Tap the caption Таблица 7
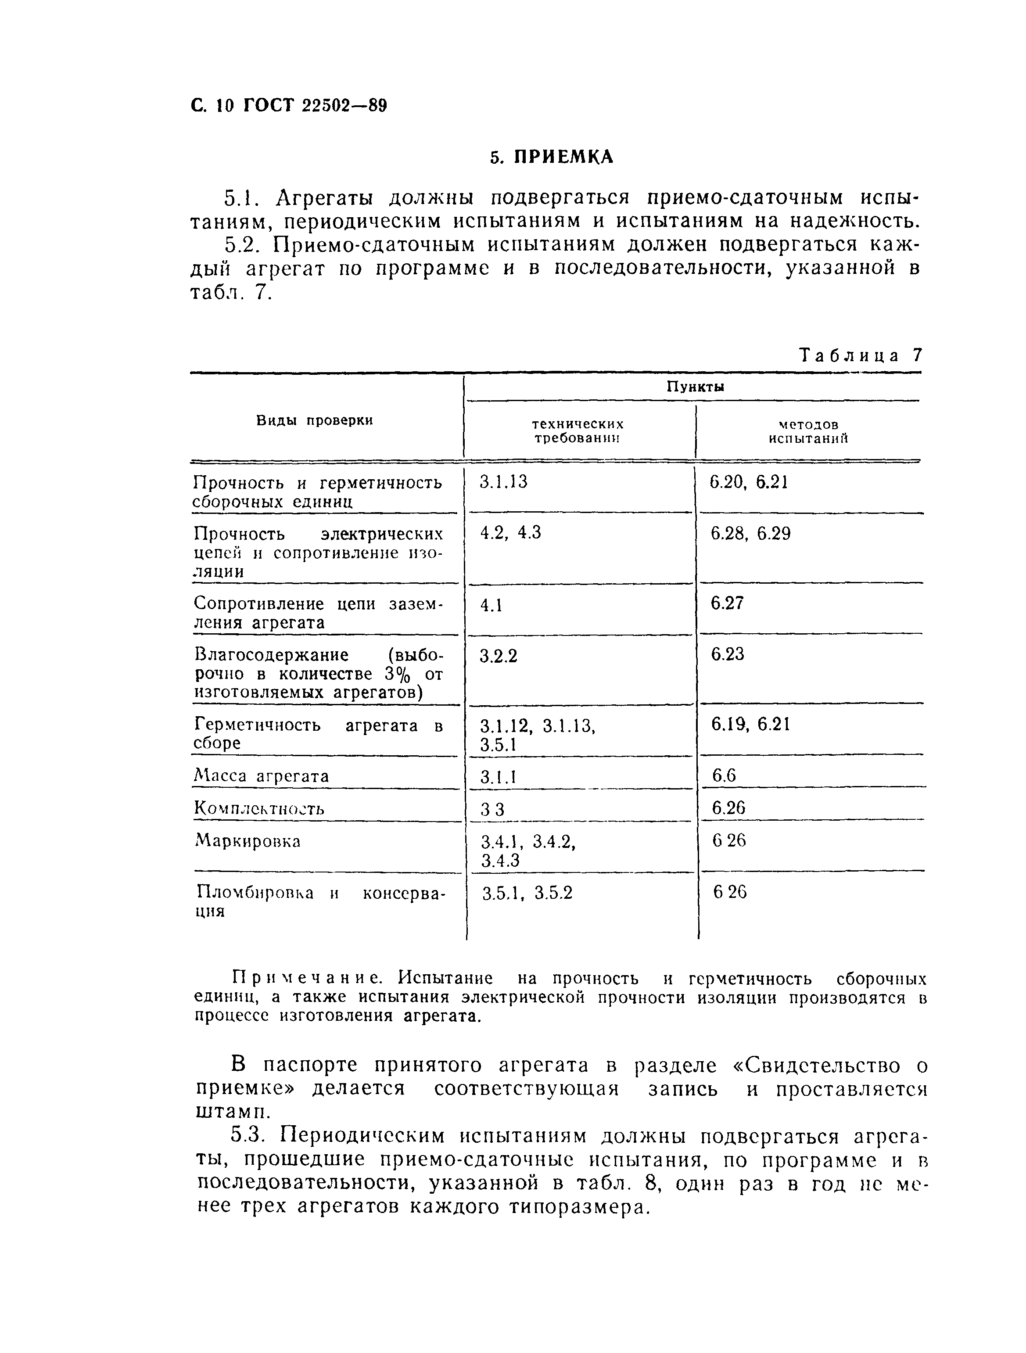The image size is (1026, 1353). coord(860,355)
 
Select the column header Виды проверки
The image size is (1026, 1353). coord(315,420)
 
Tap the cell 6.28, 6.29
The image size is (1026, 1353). coord(750,534)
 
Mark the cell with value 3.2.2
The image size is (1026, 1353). coord(499,656)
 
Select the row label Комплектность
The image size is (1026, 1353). coord(259,809)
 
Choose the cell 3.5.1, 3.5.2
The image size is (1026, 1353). coord(527,894)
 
